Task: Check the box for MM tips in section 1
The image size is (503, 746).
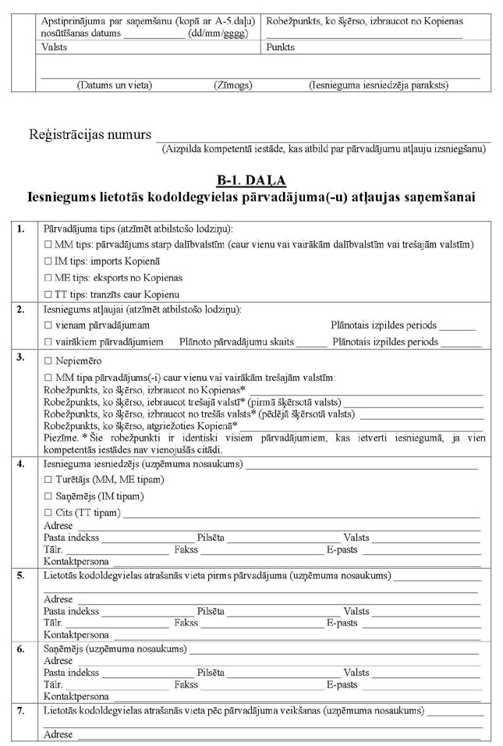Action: click(x=48, y=245)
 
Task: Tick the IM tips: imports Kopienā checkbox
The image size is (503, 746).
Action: click(x=48, y=261)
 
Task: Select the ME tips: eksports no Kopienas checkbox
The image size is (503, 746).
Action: click(x=48, y=278)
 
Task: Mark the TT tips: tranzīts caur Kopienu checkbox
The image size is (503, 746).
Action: click(x=48, y=294)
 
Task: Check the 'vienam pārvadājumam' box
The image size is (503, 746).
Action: click(x=48, y=325)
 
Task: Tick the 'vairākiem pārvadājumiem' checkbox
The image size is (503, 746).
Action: click(x=48, y=342)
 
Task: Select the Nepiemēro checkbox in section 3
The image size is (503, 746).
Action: click(x=48, y=361)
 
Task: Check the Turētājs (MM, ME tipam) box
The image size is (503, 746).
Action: click(x=48, y=479)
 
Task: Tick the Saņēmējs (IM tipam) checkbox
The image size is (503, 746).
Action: click(x=48, y=496)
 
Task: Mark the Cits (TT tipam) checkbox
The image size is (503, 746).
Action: click(x=48, y=513)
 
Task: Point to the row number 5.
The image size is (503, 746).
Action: click(x=21, y=576)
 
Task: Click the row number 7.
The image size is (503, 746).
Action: click(x=21, y=712)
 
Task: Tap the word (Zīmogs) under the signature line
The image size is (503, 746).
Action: click(x=231, y=84)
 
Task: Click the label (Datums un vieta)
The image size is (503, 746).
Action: click(x=114, y=84)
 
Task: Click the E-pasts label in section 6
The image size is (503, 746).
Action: click(x=342, y=684)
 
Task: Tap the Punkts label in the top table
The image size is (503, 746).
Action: click(x=280, y=47)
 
